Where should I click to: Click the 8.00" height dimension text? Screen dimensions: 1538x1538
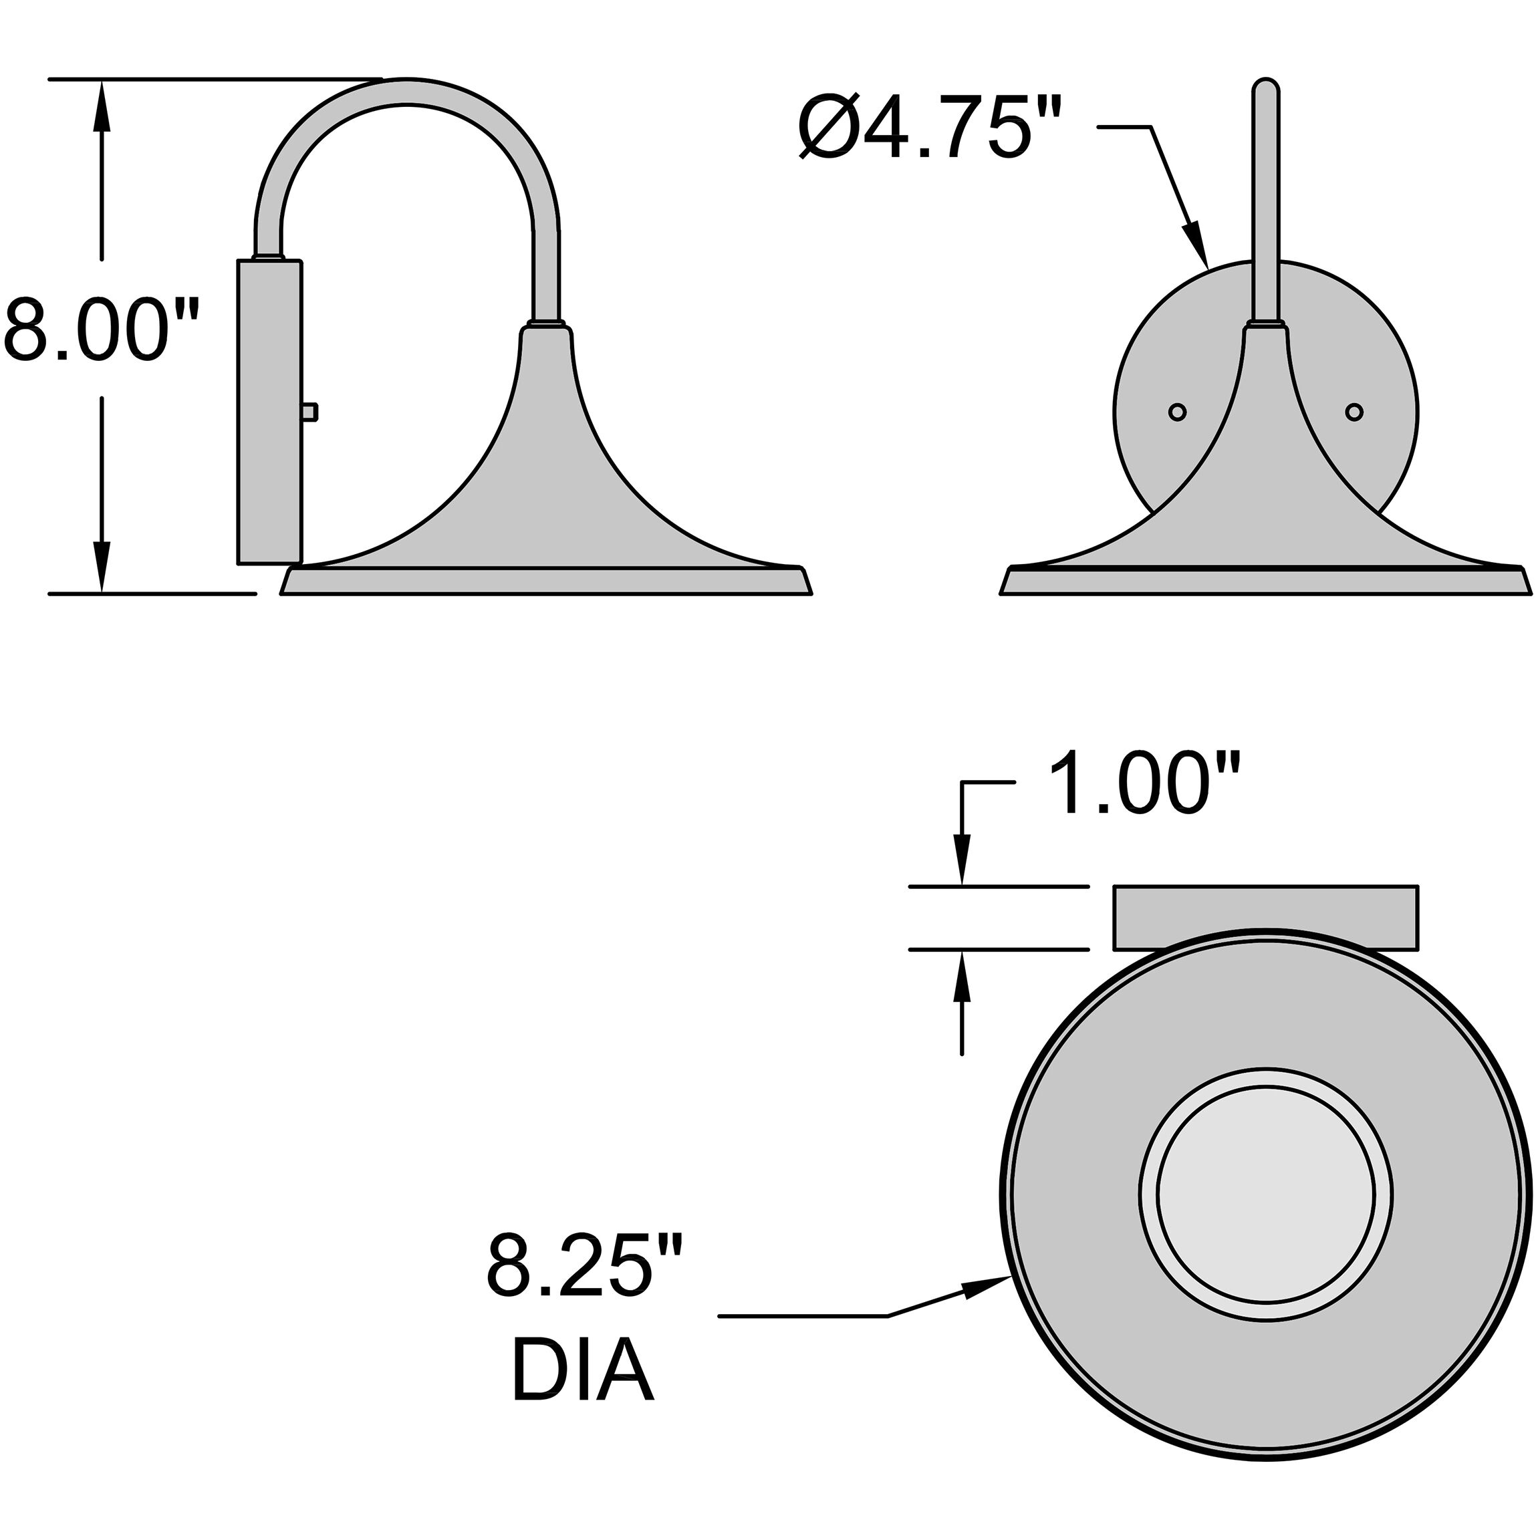[100, 329]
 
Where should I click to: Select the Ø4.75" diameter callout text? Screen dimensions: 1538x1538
[931, 128]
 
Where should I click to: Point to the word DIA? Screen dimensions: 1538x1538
[582, 1373]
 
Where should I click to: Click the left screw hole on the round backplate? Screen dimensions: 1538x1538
[1177, 412]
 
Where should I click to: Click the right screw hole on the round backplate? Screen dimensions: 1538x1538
[1354, 412]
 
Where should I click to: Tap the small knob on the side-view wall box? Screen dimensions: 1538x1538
[310, 412]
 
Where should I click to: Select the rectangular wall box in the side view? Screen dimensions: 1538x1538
[270, 412]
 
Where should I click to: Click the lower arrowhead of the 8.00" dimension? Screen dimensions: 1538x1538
[101, 567]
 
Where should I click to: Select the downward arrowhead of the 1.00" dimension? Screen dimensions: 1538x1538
[963, 860]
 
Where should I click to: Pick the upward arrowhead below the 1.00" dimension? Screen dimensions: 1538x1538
[963, 975]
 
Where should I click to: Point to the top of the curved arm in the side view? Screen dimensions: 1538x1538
[408, 92]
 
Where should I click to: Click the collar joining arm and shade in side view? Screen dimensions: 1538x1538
[546, 327]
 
